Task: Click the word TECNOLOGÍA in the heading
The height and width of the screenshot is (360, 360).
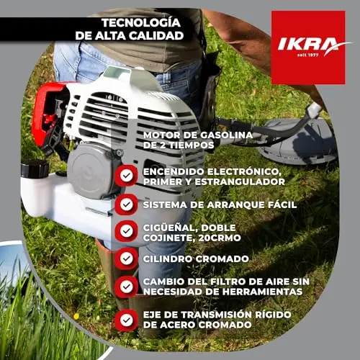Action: (x=141, y=23)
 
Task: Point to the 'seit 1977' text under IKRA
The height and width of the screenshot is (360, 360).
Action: (x=308, y=55)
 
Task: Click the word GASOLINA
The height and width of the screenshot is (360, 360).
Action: (x=227, y=135)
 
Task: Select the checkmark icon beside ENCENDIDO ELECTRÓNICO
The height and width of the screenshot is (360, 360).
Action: (x=127, y=176)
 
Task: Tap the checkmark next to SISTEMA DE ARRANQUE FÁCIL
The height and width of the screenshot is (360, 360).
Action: (x=127, y=204)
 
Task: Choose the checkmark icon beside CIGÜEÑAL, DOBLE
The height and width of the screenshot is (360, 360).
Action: (x=127, y=231)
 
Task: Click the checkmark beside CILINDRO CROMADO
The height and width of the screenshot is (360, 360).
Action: (x=127, y=258)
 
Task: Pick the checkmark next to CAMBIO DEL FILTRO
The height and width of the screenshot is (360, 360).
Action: (x=127, y=287)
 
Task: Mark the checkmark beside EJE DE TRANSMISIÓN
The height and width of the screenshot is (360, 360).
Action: (x=127, y=320)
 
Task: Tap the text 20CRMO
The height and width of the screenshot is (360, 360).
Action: (x=220, y=238)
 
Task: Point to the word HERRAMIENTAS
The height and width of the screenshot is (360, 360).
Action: (x=262, y=292)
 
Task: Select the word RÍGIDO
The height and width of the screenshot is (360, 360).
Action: (x=273, y=315)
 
